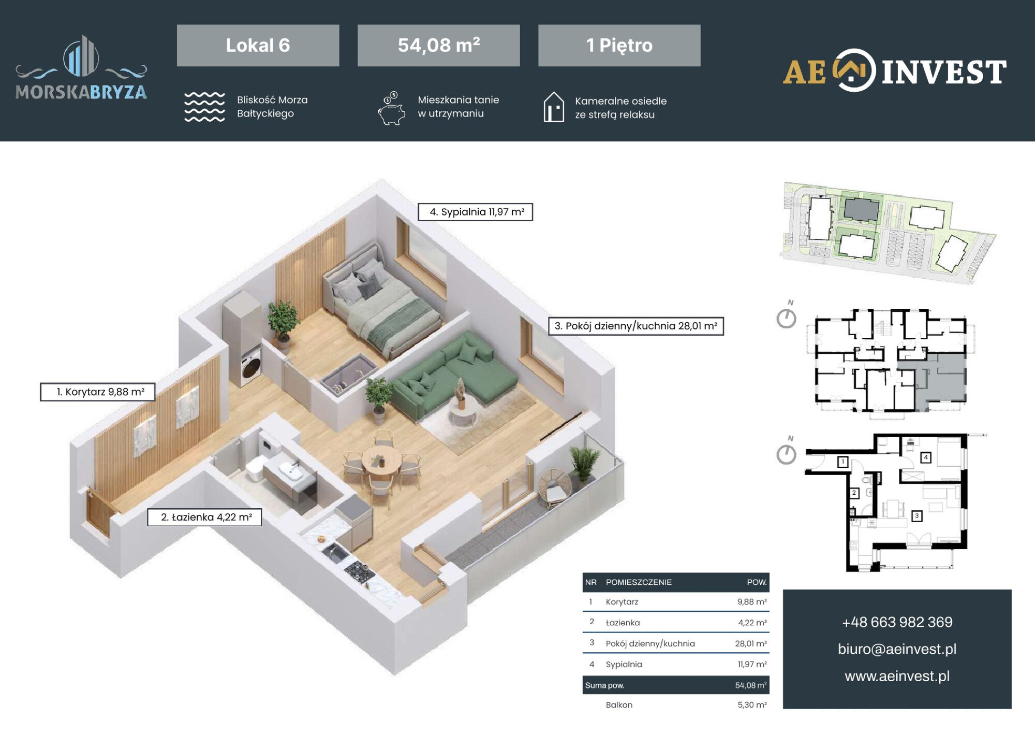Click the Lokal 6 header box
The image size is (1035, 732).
[x=258, y=45]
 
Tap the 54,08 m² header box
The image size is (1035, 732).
[x=438, y=45]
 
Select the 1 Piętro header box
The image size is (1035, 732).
[x=619, y=45]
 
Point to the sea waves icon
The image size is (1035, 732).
[x=204, y=107]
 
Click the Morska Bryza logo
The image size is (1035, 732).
[x=81, y=67]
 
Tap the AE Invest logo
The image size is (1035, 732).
[x=895, y=71]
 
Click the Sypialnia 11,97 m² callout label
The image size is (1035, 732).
[x=475, y=212]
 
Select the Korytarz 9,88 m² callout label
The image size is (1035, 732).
[x=97, y=392]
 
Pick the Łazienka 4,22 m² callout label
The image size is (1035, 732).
[x=204, y=517]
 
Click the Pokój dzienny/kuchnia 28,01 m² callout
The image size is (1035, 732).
[x=636, y=326]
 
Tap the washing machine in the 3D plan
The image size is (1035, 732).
[x=251, y=366]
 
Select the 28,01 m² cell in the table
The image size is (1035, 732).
[x=751, y=643]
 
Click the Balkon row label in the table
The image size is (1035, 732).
[x=619, y=705]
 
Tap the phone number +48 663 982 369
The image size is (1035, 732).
[x=897, y=622]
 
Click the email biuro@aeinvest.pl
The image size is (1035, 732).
[x=897, y=649]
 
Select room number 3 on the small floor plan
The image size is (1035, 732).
[x=916, y=516]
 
